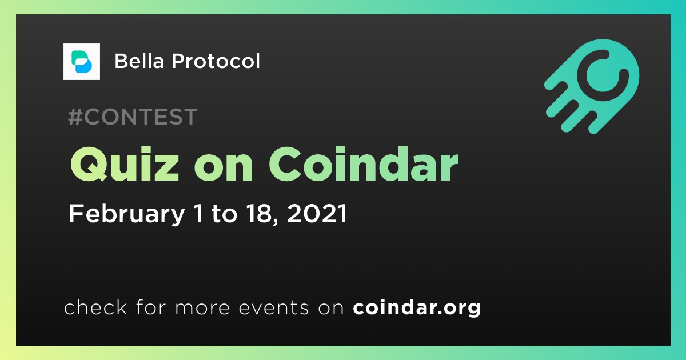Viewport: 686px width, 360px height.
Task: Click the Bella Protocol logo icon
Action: (81, 62)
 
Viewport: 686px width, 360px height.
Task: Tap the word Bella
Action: (139, 61)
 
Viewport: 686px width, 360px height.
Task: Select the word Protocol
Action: (216, 61)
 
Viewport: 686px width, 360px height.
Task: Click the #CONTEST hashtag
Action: (133, 117)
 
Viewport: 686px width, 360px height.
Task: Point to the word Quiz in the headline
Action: (125, 164)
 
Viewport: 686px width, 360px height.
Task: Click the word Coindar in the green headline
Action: (363, 164)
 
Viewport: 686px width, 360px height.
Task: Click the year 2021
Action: (317, 214)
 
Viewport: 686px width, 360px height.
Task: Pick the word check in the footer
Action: (95, 307)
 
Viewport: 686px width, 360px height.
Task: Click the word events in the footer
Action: (273, 307)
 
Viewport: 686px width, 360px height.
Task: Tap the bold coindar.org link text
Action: (417, 308)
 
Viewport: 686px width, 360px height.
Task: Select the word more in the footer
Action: (202, 308)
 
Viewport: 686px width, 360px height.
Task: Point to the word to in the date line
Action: (224, 214)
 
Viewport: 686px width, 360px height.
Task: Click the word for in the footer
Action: (151, 307)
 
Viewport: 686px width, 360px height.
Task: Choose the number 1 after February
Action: (198, 214)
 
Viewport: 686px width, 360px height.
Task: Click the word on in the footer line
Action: (331, 308)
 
